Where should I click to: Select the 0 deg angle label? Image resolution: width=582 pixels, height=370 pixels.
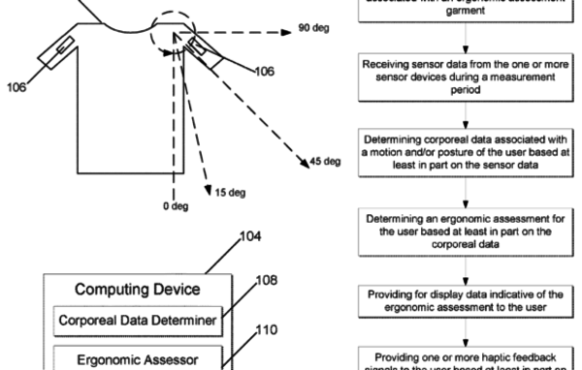(x=174, y=206)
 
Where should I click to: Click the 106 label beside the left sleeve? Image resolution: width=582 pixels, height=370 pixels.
(x=17, y=84)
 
